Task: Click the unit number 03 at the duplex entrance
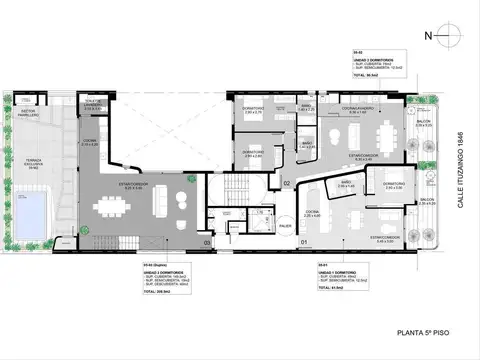(207, 242)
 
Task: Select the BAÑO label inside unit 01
(346, 185)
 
